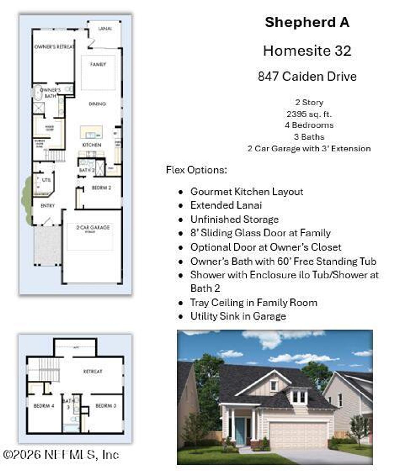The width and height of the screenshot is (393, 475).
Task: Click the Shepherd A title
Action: [307, 22]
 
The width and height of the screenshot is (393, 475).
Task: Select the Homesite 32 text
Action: [307, 51]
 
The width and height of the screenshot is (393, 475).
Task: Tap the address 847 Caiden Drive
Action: [307, 76]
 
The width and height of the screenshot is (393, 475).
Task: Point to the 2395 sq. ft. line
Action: [309, 114]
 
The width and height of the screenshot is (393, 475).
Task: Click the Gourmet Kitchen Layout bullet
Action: [247, 192]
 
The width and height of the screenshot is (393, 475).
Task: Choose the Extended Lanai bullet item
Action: [226, 205]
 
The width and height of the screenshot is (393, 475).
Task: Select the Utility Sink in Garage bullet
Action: [238, 316]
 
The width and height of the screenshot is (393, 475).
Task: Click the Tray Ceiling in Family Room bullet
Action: [254, 303]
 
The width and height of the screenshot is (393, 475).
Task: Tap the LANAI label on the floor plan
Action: [105, 29]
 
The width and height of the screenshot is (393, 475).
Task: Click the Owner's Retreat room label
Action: [54, 47]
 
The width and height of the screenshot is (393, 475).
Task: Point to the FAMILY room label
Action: [98, 64]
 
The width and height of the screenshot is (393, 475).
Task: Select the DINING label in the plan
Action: [97, 104]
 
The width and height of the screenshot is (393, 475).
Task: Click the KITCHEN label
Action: [91, 145]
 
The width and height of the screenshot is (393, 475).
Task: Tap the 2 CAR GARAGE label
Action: [93, 228]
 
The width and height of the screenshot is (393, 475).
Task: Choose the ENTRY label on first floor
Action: [48, 206]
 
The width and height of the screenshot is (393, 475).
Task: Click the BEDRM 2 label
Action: [101, 188]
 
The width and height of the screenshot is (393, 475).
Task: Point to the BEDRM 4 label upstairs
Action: [44, 406]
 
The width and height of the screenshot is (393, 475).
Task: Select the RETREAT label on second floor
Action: [92, 371]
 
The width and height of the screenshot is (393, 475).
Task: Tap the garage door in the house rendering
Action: [298, 436]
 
